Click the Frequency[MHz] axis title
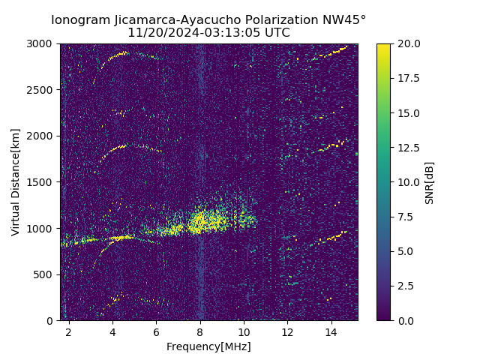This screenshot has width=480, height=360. (x=208, y=346)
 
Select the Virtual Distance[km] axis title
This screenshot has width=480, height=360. (x=16, y=182)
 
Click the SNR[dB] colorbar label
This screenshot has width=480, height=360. (x=430, y=182)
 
